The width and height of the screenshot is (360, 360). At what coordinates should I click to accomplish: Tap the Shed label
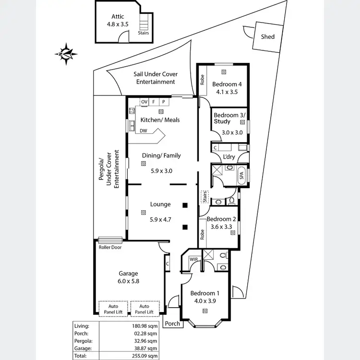point(267,36)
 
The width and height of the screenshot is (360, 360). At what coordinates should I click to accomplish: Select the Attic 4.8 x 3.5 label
point(118,20)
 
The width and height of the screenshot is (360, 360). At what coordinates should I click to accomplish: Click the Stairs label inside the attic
point(143,33)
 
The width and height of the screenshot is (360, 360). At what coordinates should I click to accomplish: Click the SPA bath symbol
point(241,176)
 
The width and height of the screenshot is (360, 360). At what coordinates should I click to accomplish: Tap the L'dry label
point(229,157)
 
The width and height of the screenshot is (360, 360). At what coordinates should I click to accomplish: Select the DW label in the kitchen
point(144,131)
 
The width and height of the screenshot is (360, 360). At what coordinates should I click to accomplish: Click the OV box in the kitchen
point(144,102)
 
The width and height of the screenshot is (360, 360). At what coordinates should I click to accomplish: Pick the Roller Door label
point(110,248)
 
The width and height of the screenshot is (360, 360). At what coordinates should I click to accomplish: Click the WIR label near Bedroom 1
point(193,260)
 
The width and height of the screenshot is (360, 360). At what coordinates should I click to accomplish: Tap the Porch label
point(172,324)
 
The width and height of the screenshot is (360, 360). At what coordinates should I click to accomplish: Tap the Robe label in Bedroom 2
point(203,235)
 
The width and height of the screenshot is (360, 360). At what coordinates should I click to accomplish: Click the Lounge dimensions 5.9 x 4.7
point(160,219)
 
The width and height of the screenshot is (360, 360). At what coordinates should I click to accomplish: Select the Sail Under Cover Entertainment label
point(156,78)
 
